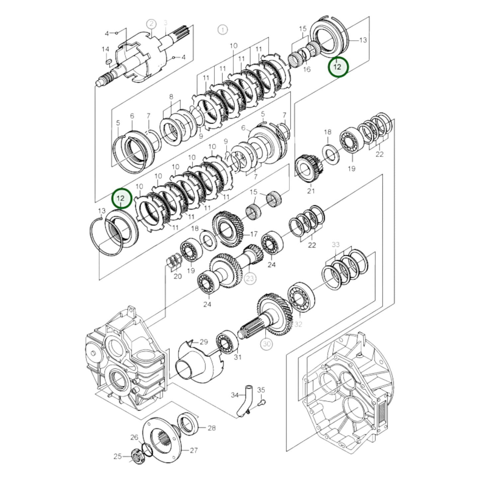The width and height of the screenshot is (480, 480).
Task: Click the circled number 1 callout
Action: tap(223, 30)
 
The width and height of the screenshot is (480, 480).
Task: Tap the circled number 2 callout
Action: tap(151, 24)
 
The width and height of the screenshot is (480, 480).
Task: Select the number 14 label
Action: tap(105, 49)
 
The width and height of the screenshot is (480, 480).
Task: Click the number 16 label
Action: tap(307, 69)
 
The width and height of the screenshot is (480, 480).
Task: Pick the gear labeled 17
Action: tap(228, 229)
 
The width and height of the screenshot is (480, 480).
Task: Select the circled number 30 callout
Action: tap(267, 344)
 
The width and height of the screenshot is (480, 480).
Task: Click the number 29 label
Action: tap(204, 342)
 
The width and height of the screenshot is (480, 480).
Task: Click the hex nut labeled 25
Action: tap(136, 455)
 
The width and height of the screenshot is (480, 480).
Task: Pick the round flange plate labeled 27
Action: tap(163, 440)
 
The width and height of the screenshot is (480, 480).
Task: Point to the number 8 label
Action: tap(171, 97)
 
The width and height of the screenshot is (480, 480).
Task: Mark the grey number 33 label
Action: tap(336, 244)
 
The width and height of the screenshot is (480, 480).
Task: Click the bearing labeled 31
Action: tap(227, 342)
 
